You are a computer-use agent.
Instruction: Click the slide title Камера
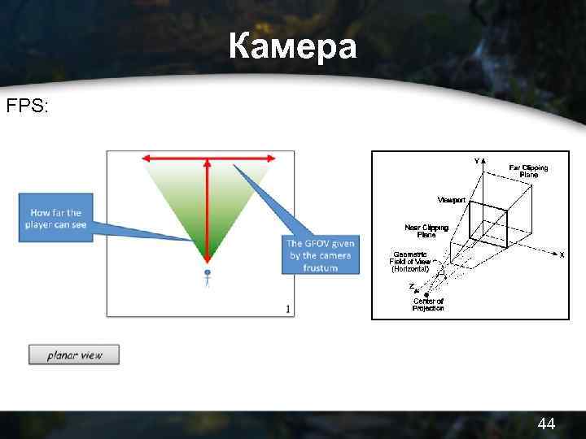(292, 47)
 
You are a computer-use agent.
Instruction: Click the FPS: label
(28, 106)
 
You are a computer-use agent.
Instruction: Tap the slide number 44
(546, 424)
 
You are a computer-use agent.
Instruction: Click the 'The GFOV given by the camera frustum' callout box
(320, 255)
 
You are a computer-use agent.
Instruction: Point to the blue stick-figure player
(208, 279)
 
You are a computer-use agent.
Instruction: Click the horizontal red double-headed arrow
(207, 158)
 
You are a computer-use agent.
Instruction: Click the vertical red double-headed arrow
(208, 211)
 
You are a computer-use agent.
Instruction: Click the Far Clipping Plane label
(528, 172)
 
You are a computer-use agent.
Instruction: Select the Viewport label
(452, 199)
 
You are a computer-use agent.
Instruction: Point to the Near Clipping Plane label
(426, 231)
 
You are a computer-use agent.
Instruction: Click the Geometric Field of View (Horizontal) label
(415, 260)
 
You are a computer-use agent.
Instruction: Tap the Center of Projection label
(428, 304)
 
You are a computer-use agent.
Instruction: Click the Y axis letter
(477, 161)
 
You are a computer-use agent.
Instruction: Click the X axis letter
(562, 254)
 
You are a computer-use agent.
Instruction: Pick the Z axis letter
(412, 285)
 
